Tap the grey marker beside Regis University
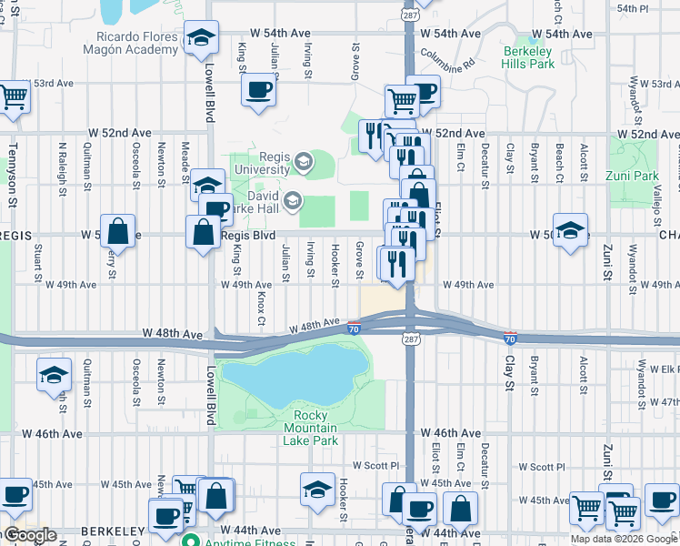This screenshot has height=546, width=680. pos(303,163)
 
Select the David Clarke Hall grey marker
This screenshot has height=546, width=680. pos(292,199)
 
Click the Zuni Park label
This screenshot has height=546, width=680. pos(634,174)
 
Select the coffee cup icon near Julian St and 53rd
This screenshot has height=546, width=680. pos(259,90)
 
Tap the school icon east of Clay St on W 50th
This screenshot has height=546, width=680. pos(570,230)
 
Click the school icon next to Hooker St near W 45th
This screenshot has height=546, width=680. pos(317,489)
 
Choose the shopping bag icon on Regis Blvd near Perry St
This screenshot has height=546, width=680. pos(118,231)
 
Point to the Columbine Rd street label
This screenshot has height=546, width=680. pos(448,60)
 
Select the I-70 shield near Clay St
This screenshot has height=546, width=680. pos(511,338)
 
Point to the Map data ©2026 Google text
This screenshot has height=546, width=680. pos(623,539)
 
